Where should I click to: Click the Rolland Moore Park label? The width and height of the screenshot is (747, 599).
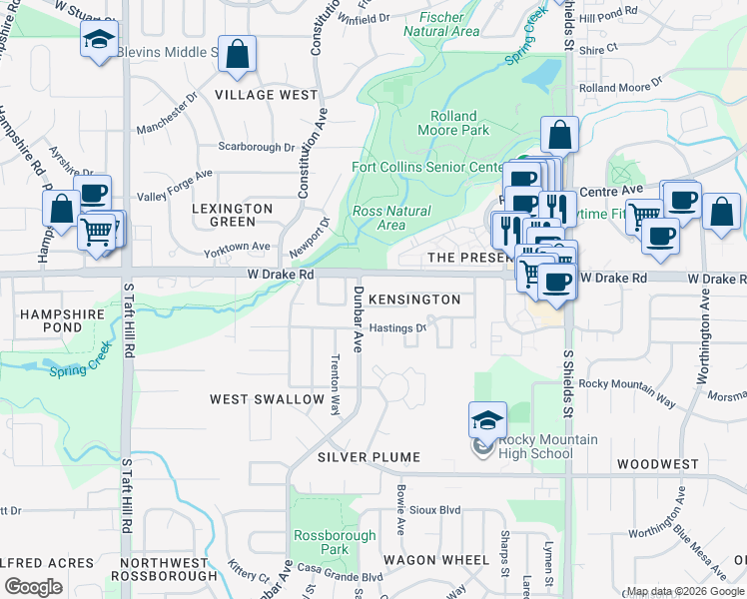459,123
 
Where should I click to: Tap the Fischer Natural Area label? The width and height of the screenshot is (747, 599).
439,24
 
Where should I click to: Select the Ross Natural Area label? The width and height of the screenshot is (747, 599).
391,218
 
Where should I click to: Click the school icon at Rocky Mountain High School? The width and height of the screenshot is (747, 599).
487,420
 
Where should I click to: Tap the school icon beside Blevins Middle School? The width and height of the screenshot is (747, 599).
98,40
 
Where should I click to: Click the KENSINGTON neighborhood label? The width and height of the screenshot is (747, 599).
414,299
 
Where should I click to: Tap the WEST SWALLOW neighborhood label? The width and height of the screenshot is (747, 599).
267,399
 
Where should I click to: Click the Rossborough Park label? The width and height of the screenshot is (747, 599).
322,542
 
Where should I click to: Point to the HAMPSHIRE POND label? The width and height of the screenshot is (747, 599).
51,319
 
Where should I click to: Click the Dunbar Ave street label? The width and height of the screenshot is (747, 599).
357,318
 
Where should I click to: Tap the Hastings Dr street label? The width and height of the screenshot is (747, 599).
398,326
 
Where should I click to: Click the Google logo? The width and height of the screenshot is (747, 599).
33,587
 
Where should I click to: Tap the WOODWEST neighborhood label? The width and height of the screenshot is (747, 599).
657,464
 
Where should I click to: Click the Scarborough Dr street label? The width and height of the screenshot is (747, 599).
257,147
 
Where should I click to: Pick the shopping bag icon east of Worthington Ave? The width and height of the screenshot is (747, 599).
721,213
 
